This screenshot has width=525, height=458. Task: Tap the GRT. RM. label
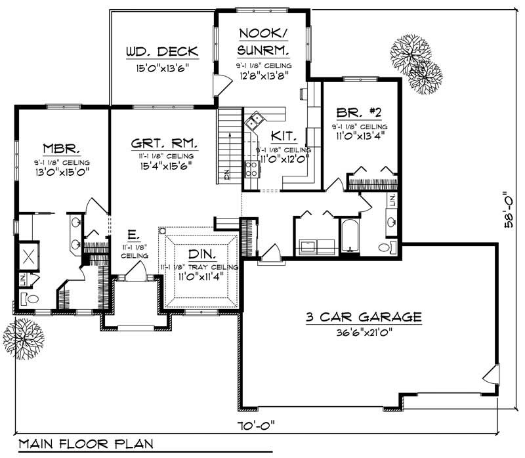(x=163, y=142)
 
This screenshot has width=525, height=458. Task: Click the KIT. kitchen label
(x=285, y=136)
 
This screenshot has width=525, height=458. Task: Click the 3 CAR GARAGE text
(x=362, y=318)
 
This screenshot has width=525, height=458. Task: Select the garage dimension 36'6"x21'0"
(x=362, y=333)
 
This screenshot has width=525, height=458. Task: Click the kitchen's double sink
(x=255, y=120)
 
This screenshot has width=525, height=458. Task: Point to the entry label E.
(x=132, y=234)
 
